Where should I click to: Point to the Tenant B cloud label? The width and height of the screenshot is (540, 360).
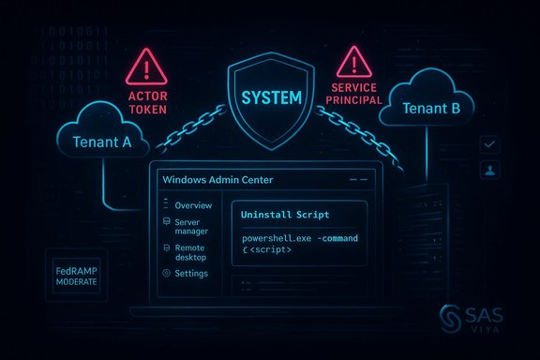[431, 108]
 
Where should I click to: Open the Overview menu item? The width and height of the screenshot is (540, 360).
[193, 205]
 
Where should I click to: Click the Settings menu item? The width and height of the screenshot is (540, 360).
[191, 274]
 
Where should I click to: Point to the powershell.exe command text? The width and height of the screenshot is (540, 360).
[298, 240]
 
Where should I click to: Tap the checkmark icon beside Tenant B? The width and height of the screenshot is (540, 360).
[487, 144]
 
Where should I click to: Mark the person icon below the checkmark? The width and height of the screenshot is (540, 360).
[487, 172]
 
